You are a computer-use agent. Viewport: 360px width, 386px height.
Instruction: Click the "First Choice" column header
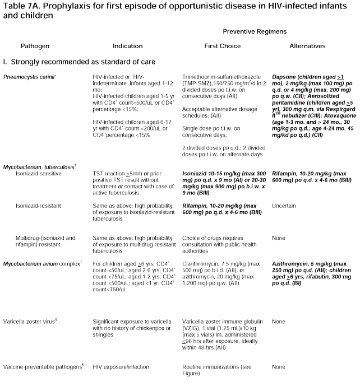tap(219, 45)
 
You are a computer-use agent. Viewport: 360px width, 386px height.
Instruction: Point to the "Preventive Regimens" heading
tap(255, 32)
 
